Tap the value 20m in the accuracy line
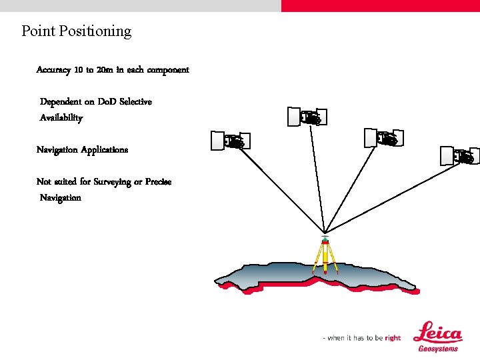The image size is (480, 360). click(105, 70)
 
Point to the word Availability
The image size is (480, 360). click(61, 118)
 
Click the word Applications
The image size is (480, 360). click(105, 150)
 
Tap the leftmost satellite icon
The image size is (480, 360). click(227, 141)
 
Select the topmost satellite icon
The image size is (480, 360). click(307, 117)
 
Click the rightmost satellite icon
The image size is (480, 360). click(459, 156)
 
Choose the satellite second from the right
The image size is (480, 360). click(383, 138)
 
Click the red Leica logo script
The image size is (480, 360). click(438, 333)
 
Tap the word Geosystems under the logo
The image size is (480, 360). click(438, 349)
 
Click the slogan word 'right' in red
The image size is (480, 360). click(393, 338)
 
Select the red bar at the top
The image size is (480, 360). click(380, 5)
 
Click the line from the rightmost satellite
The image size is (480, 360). click(393, 194)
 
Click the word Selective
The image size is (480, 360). click(135, 102)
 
